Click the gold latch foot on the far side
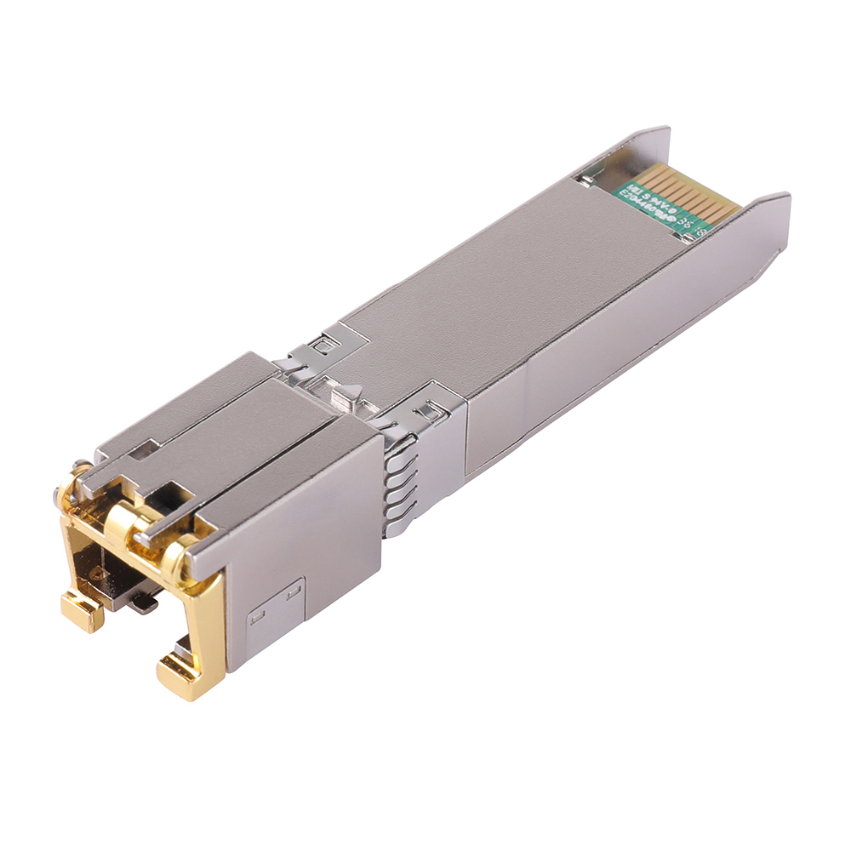point(81,609)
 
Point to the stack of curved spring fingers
point(400,485)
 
